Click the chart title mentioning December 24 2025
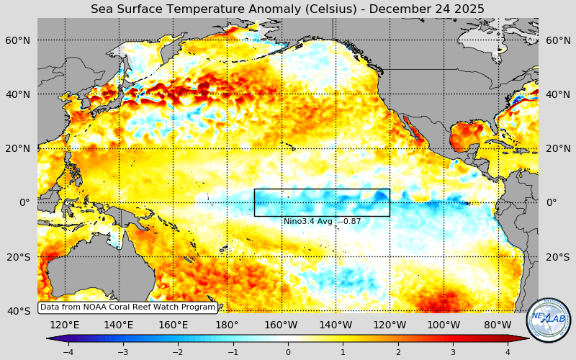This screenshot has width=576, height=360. coord(287,9)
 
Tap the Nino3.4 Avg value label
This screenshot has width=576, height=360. coord(322,222)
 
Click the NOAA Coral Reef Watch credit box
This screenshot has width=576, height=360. coord(127,307)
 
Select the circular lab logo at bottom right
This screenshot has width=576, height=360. coord(549,320)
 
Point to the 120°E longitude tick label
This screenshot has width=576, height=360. coord(64,325)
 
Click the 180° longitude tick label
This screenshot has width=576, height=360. coord(227,325)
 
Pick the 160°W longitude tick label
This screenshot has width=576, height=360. coord(282,325)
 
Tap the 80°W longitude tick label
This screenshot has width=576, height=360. coord(498,325)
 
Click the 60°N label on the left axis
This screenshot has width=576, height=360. coord(18,40)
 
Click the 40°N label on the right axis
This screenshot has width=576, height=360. coord(557,94)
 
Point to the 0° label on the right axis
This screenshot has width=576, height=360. coord(552,202)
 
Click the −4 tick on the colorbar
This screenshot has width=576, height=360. coord(68,352)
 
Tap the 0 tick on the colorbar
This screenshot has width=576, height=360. coord(288,352)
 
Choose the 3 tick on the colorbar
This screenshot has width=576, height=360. coord(453,352)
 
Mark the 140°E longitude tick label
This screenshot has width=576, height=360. coord(118,325)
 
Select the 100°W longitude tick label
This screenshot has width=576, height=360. coord(444,325)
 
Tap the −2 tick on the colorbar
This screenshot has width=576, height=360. coord(178,352)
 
